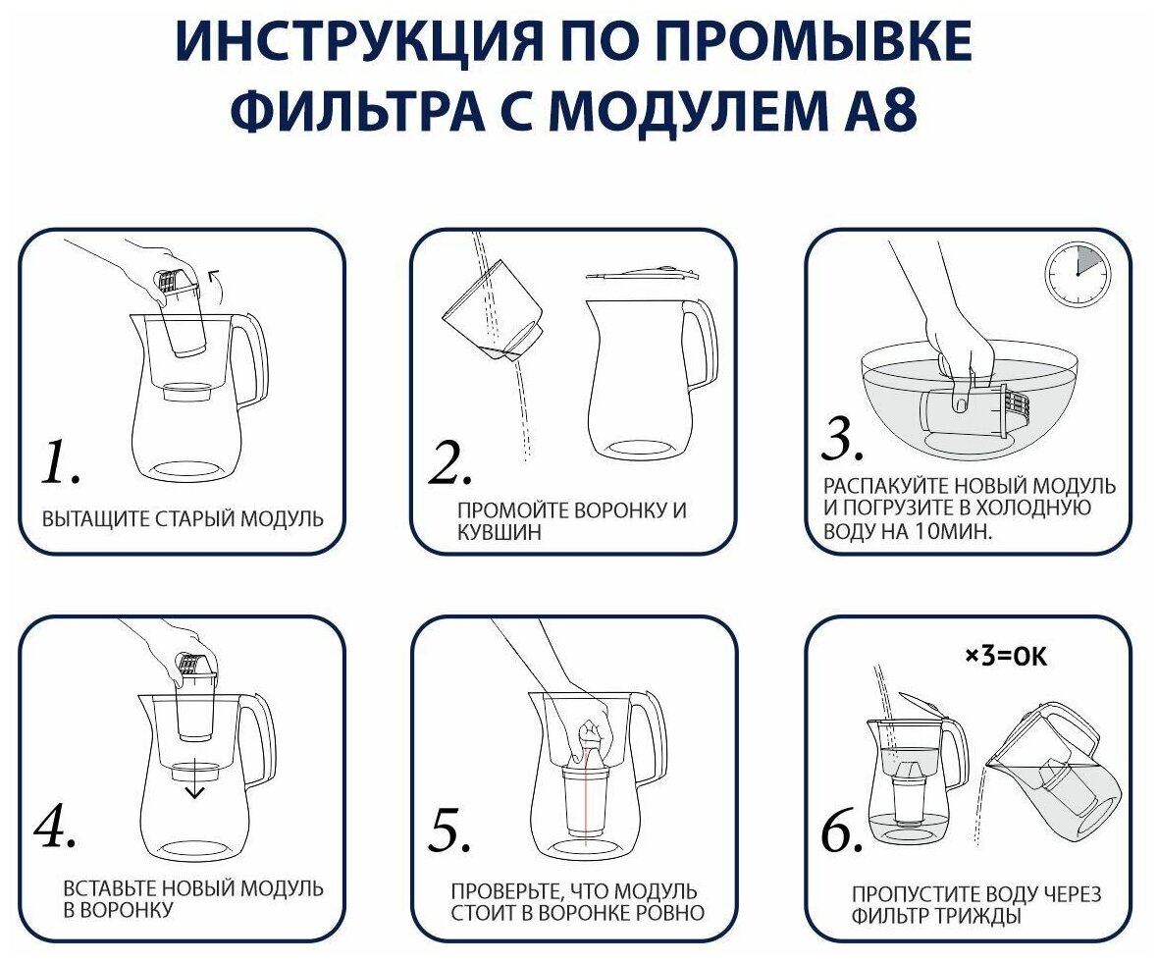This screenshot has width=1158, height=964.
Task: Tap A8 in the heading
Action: (x=876, y=109)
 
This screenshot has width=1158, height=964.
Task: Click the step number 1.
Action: (x=60, y=463)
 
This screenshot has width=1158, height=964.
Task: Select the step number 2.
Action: (x=449, y=463)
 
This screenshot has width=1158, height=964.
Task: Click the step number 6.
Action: (x=842, y=831)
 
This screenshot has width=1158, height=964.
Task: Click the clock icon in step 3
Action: (x=1079, y=272)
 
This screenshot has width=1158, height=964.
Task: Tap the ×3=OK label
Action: (x=1006, y=656)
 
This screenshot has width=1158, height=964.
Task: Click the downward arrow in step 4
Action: (x=194, y=778)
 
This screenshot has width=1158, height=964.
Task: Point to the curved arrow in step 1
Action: (x=217, y=285)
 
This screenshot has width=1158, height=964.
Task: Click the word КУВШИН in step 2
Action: (x=500, y=533)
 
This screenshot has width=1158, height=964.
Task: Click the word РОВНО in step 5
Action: (x=670, y=913)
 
